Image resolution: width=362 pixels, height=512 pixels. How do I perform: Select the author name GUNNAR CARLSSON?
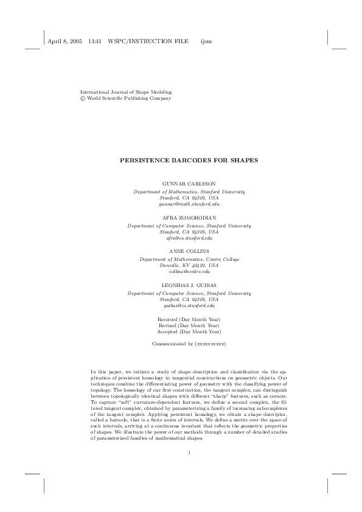pyautogui.click(x=189, y=183)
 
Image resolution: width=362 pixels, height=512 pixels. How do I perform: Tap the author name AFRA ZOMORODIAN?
pyautogui.click(x=189, y=217)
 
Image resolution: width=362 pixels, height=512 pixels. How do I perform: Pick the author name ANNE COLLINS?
pyautogui.click(x=189, y=251)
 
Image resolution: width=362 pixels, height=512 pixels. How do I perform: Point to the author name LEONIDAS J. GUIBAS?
pyautogui.click(x=189, y=285)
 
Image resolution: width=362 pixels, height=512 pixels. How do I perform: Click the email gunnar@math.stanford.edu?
pyautogui.click(x=189, y=204)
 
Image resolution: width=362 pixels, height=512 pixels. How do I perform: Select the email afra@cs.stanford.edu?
pyautogui.click(x=189, y=238)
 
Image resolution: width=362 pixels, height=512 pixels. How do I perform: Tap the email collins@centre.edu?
pyautogui.click(x=189, y=272)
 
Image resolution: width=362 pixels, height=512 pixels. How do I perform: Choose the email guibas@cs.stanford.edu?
pyautogui.click(x=189, y=306)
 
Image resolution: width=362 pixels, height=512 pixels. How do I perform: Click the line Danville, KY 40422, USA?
pyautogui.click(x=189, y=265)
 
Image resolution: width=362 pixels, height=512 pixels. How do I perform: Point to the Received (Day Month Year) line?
pyautogui.click(x=189, y=319)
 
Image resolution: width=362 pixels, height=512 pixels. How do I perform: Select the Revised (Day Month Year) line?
pyautogui.click(x=189, y=325)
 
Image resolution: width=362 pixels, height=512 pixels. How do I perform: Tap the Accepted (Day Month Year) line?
pyautogui.click(x=189, y=332)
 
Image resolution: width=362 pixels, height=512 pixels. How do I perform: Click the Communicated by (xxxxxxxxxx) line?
pyautogui.click(x=189, y=344)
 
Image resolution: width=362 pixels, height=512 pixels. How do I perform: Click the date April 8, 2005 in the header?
pyautogui.click(x=64, y=41)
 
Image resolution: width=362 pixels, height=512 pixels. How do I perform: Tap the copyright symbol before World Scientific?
pyautogui.click(x=83, y=98)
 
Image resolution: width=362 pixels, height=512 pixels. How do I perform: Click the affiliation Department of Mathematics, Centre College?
pyautogui.click(x=189, y=258)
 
